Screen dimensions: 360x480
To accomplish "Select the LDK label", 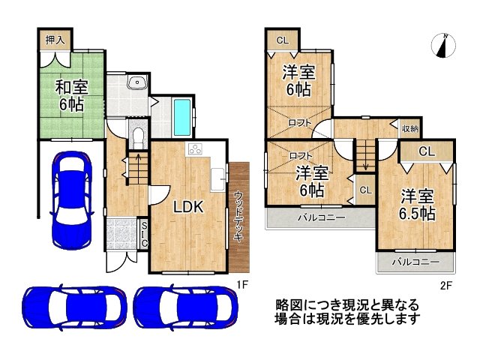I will click(189, 207).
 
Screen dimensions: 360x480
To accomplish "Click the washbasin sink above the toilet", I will click(135, 84).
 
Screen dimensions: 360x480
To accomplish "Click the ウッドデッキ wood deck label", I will click(238, 216).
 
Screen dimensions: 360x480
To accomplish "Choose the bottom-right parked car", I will click(186, 307).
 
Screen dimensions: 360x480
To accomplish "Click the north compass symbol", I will click(443, 46).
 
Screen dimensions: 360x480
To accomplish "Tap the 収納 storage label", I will click(409, 128).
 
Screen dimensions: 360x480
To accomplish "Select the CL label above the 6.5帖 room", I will click(426, 151).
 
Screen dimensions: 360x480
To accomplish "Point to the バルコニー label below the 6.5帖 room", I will click(415, 262).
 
